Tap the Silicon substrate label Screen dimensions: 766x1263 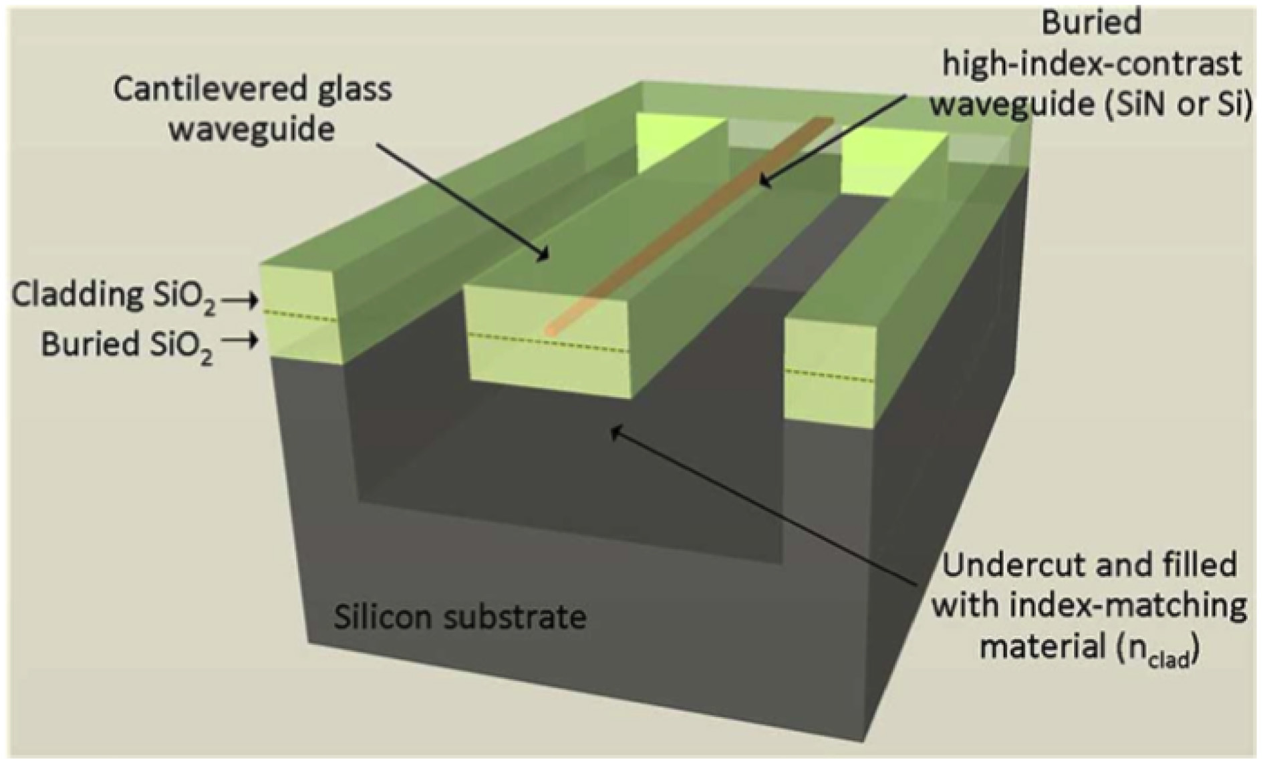coord(460,617)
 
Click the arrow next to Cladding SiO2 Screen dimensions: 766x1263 coord(240,302)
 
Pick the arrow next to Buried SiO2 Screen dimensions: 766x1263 coord(240,341)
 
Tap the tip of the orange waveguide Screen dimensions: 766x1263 coord(552,329)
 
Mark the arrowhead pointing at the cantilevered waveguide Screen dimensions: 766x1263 coord(545,257)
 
